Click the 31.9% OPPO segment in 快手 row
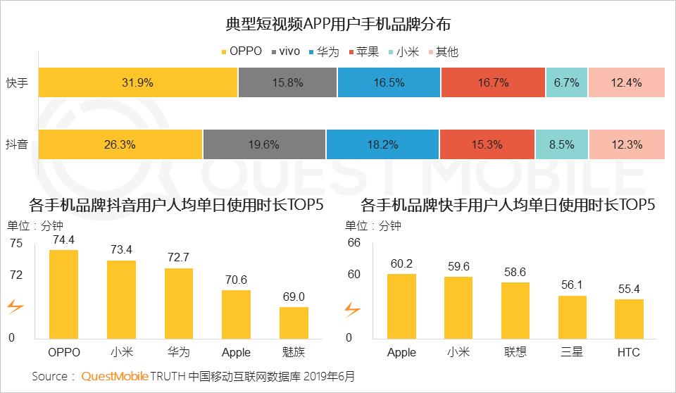pos(138,82)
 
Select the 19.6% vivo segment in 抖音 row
pos(264,144)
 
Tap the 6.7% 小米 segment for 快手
pos(566,82)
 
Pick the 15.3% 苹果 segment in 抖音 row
pos(487,144)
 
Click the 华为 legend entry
pos(324,52)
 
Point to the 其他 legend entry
pos(443,52)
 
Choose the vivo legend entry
pos(285,52)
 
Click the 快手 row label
pos(17,82)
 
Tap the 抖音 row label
pos(17,144)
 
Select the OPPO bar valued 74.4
pos(64,294)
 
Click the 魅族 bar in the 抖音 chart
pos(294,323)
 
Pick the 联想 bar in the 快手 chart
pos(515,311)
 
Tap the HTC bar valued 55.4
pos(629,319)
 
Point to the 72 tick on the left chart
pos(16,275)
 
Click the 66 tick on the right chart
pos(354,242)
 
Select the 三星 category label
pos(572,352)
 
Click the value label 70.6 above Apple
pos(237,280)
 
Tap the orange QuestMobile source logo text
pos(115,376)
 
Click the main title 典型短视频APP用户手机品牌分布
pos(338,24)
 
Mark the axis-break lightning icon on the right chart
pos(352,309)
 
